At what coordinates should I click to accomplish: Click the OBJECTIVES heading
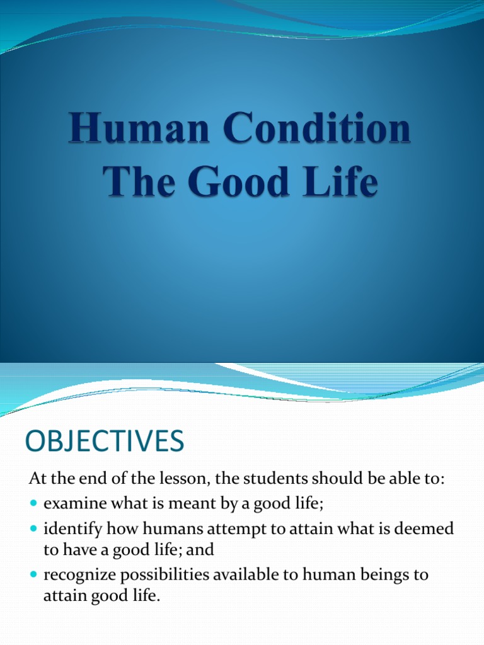(105, 441)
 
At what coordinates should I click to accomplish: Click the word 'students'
(272, 479)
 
